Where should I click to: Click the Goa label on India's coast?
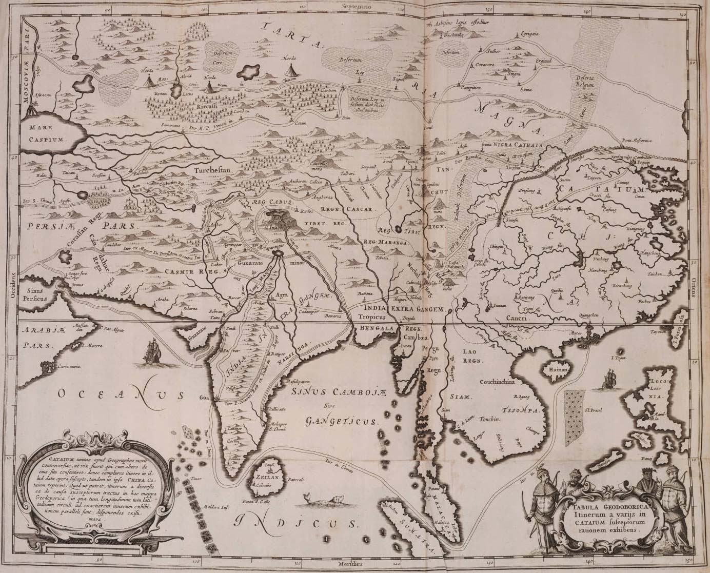click(x=205, y=397)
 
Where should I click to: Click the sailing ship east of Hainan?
click(x=609, y=378)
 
